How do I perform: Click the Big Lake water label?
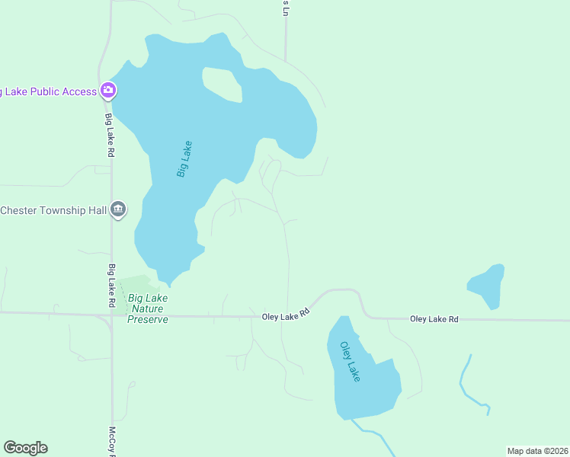(x=184, y=159)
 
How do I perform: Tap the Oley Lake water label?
(x=350, y=361)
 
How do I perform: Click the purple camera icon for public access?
(x=108, y=91)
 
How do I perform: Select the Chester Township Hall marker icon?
(x=118, y=209)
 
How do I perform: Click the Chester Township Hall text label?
(x=53, y=210)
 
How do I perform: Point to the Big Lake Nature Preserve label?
(x=148, y=308)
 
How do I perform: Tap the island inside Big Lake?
(x=223, y=84)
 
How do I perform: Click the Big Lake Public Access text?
(x=48, y=91)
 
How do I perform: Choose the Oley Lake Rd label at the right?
(x=434, y=319)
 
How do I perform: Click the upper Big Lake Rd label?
(x=110, y=136)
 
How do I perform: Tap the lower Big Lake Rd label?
(x=111, y=286)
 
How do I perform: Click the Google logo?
(x=25, y=448)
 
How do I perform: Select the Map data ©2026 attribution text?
(x=537, y=450)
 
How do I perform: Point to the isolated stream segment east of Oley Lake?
(x=468, y=385)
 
